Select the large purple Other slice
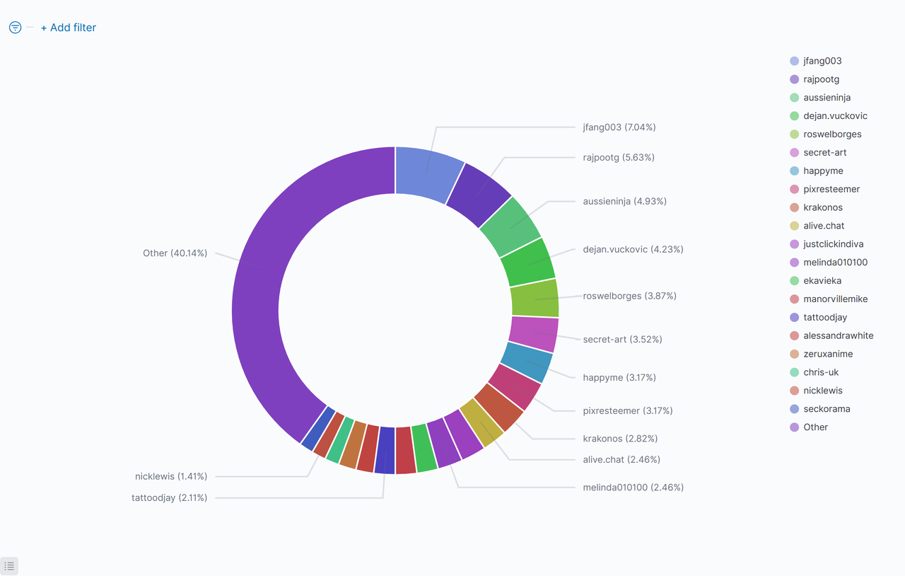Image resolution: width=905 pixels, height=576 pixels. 269,283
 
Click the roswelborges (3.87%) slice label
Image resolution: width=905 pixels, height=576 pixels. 629,296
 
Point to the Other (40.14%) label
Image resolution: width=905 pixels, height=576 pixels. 175,253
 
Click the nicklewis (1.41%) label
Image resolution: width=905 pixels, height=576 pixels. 171,476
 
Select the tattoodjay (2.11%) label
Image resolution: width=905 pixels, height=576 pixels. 169,497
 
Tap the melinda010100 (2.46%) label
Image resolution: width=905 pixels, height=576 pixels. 633,488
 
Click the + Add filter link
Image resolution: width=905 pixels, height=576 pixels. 68,28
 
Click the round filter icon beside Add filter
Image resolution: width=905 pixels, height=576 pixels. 15,28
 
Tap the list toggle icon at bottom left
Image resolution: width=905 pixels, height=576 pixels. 9,566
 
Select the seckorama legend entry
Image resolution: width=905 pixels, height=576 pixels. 827,409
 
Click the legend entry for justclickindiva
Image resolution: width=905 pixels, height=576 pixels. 833,244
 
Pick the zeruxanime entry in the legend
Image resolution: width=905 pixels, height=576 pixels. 828,354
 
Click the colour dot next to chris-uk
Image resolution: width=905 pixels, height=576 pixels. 794,372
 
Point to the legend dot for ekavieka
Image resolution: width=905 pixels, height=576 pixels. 794,281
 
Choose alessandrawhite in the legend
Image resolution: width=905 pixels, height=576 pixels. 838,335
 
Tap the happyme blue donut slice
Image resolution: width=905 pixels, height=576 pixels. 526,362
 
